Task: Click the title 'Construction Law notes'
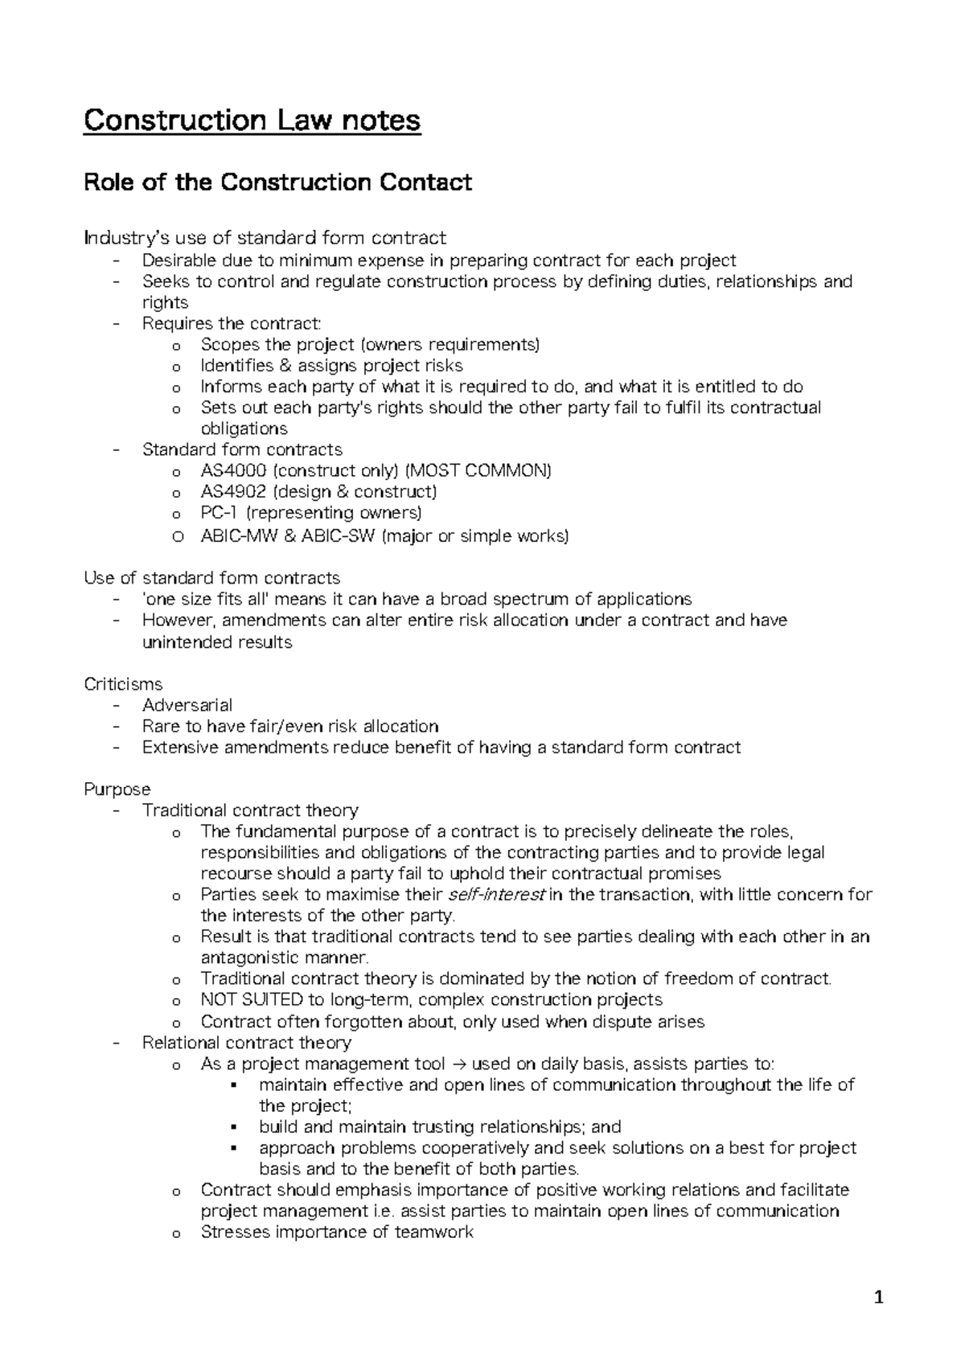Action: [x=252, y=121]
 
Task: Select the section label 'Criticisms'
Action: [x=123, y=684]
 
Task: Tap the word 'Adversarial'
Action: [x=187, y=705]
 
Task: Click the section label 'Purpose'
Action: [x=117, y=789]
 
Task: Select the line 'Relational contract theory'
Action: [x=246, y=1043]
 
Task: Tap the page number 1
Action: [x=879, y=1297]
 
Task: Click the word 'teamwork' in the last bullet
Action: [x=434, y=1232]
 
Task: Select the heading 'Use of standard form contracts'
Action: [x=211, y=578]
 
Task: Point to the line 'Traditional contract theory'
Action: [x=250, y=810]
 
